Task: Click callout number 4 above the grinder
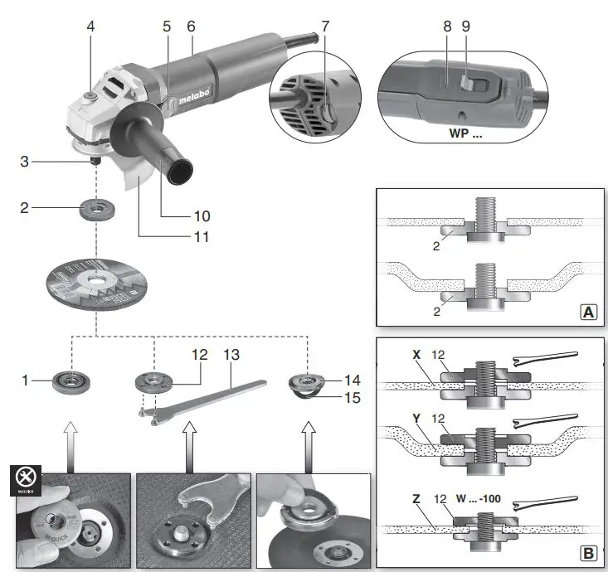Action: pyautogui.click(x=90, y=26)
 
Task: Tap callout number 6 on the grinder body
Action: pyautogui.click(x=191, y=26)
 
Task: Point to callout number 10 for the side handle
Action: pyautogui.click(x=201, y=216)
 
